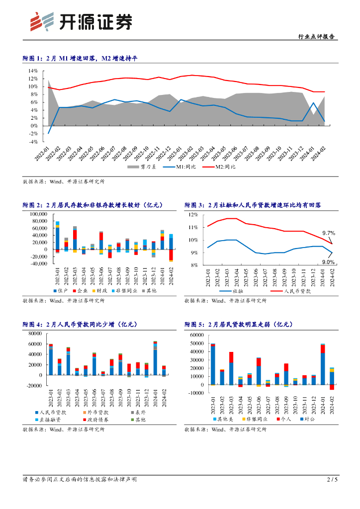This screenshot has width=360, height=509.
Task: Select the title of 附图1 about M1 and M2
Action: click(x=80, y=59)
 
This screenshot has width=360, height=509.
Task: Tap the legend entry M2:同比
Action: click(x=225, y=167)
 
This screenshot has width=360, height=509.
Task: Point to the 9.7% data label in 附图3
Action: click(x=329, y=233)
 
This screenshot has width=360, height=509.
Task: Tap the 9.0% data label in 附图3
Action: click(x=328, y=262)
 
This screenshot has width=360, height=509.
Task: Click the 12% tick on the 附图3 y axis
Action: click(x=193, y=215)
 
